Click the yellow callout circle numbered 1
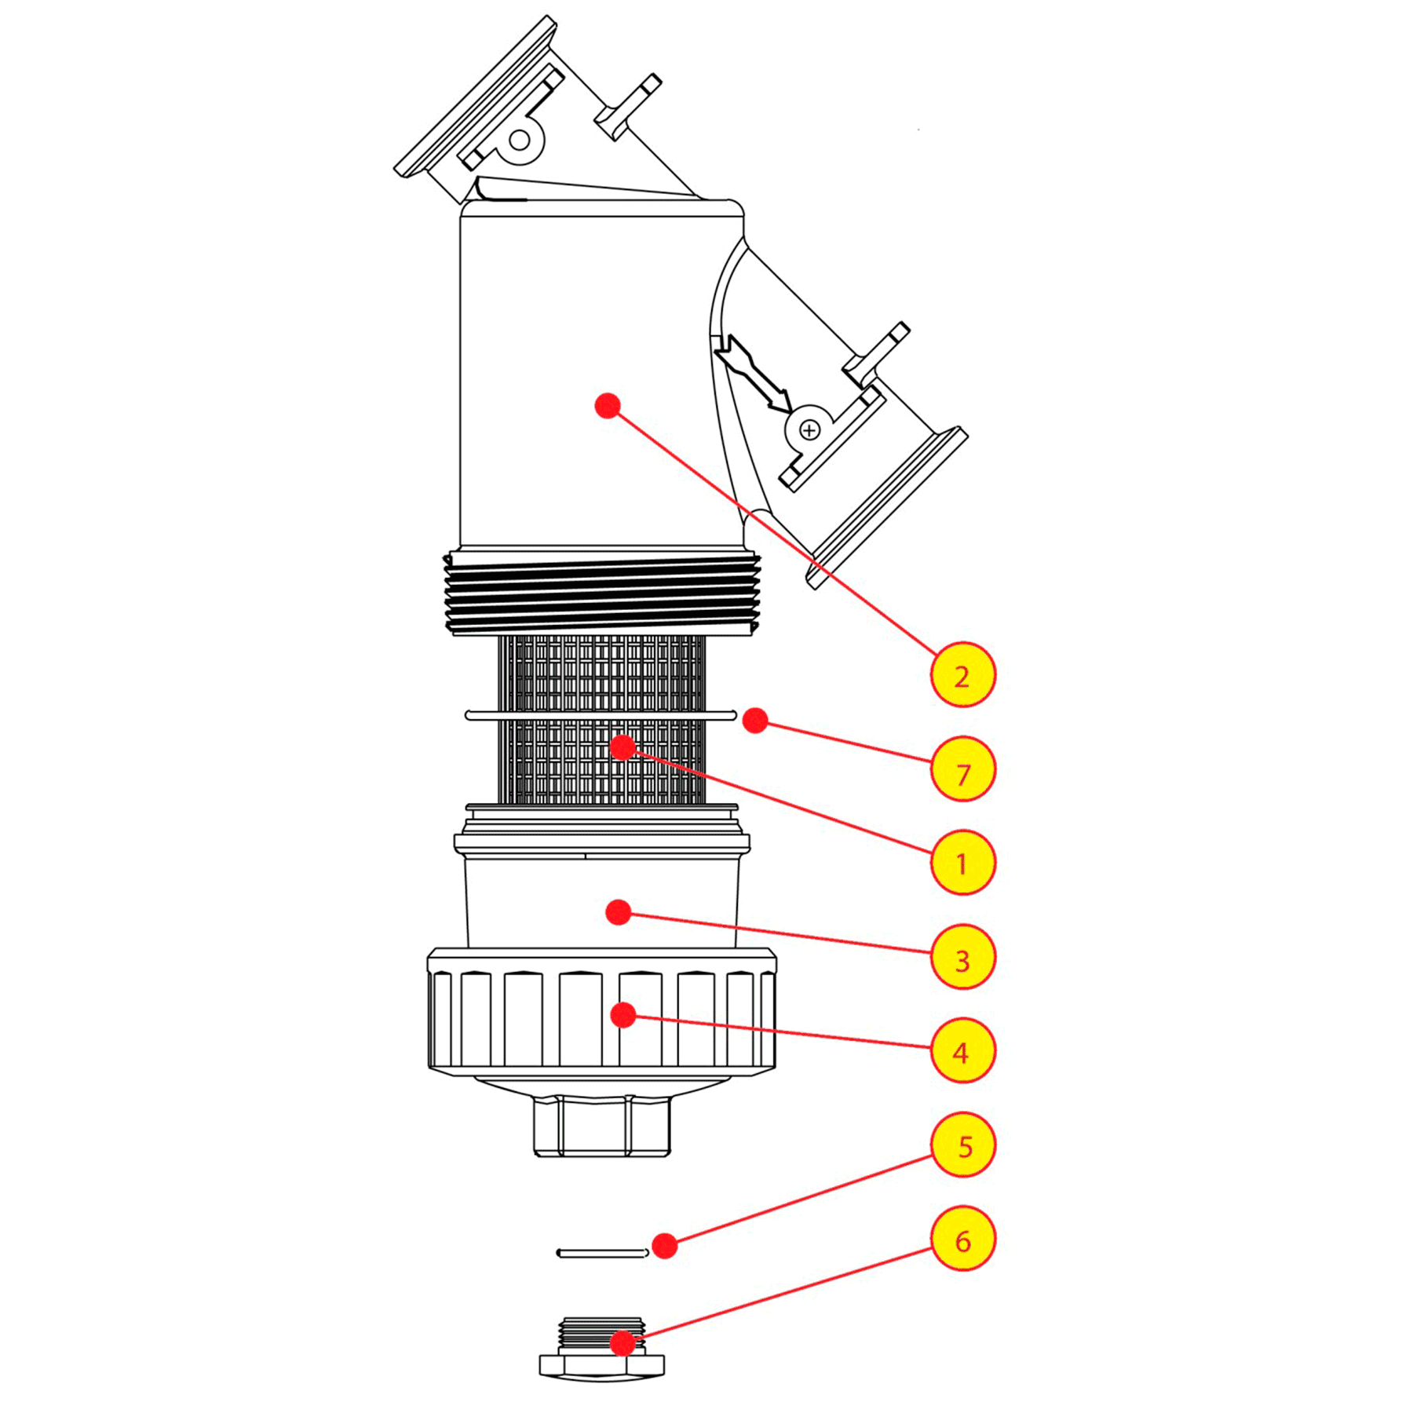(x=962, y=863)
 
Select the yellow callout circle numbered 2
(x=962, y=675)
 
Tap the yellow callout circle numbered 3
(x=962, y=958)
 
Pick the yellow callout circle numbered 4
(x=962, y=1051)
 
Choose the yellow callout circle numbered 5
(x=962, y=1145)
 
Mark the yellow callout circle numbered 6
(x=962, y=1240)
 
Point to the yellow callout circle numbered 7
(x=962, y=769)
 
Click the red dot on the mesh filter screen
(x=623, y=747)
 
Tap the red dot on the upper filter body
(x=608, y=405)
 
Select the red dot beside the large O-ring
(x=754, y=720)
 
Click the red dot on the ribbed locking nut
(x=623, y=1015)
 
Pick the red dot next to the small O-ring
(x=664, y=1246)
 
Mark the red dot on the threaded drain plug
(x=623, y=1343)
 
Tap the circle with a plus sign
(x=809, y=430)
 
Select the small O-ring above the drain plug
(x=601, y=1253)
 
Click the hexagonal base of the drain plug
(x=601, y=1366)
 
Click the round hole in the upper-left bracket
(x=520, y=141)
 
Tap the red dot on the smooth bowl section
(x=619, y=912)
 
